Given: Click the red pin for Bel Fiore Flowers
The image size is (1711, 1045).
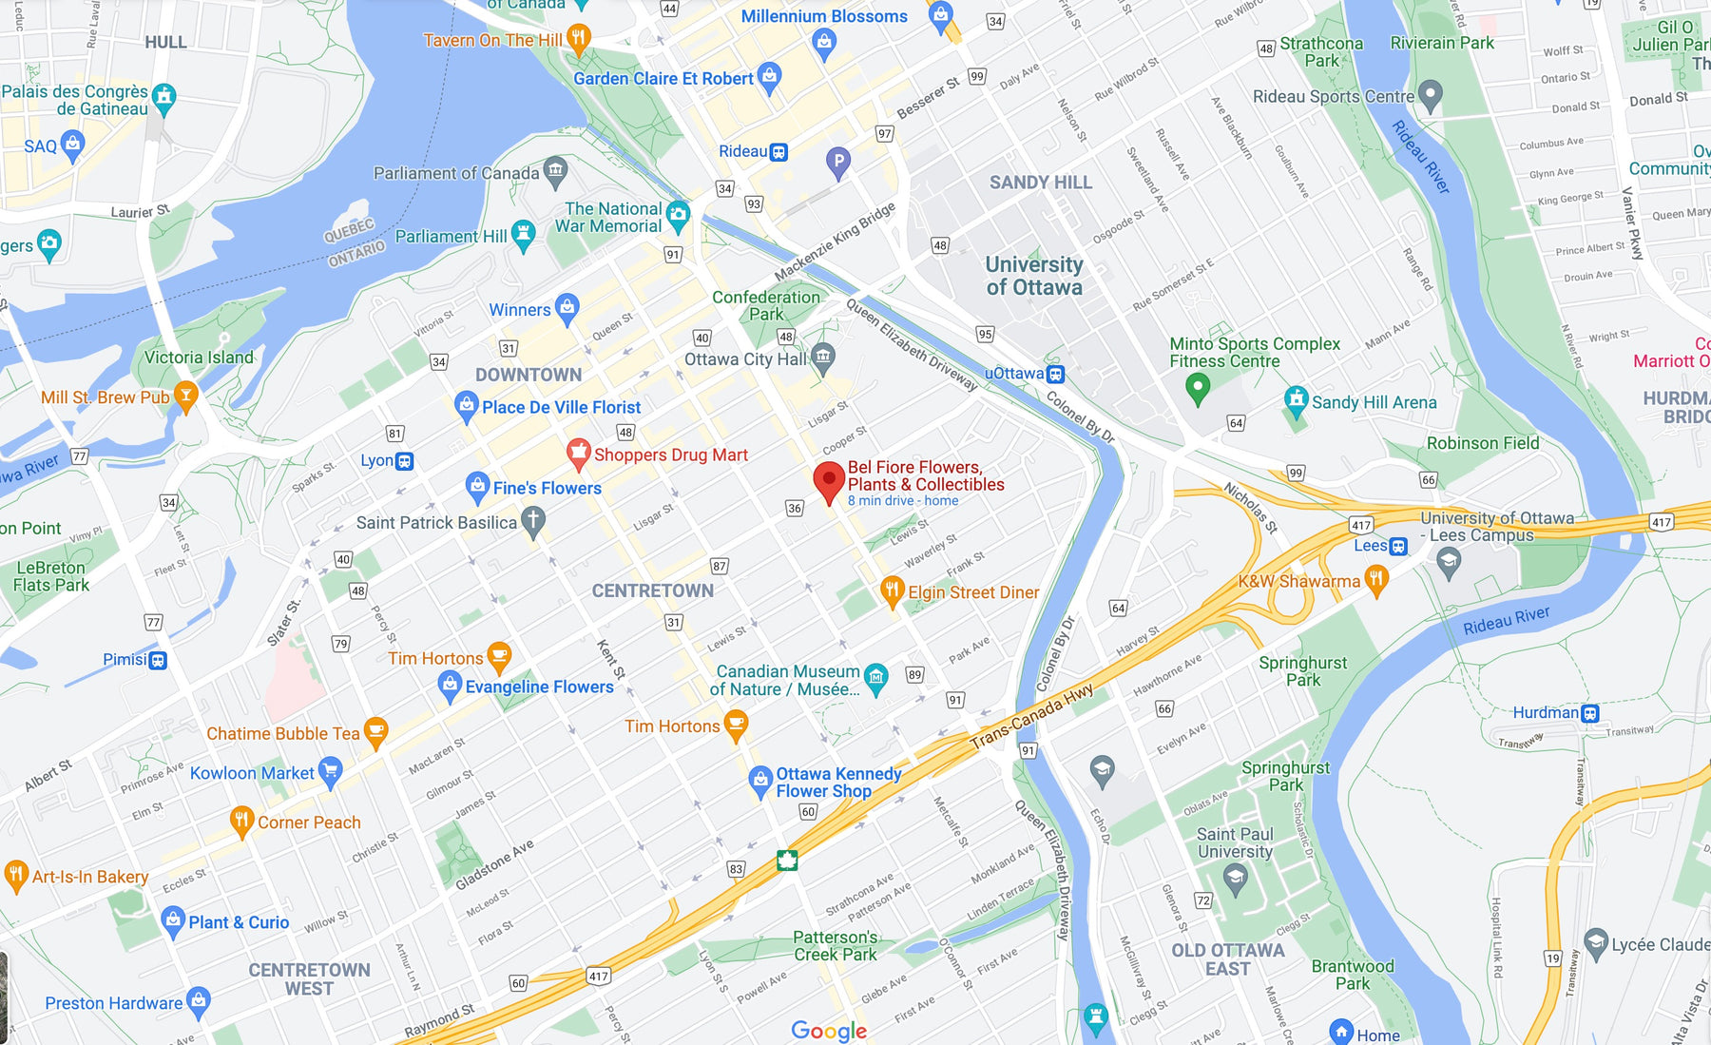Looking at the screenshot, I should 829,479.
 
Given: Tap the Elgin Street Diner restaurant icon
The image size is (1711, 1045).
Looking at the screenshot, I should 892,590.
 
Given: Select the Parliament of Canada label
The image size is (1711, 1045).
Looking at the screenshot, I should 456,173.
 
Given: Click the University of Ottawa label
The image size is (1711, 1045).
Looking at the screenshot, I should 1034,276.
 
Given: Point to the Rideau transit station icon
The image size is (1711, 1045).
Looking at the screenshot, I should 779,152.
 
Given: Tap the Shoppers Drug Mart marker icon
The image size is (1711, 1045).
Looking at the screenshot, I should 578,453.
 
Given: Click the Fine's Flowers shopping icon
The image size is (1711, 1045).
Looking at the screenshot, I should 477,487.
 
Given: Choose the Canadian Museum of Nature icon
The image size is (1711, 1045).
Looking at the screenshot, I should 876,677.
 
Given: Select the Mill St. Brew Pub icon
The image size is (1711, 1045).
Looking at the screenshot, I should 186,396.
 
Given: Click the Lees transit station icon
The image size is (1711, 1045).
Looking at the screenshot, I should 1398,546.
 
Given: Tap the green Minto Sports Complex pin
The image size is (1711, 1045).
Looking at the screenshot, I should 1198,386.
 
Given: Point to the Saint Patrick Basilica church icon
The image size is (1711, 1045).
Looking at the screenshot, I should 534,521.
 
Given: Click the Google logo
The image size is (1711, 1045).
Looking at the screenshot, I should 829,1031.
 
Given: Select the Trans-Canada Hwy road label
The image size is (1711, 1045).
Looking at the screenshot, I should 1031,718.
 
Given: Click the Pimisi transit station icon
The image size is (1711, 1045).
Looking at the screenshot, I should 159,660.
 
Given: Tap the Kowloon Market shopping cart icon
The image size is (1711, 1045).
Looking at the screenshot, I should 330,771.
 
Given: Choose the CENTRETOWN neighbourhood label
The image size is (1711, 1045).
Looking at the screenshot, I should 652,590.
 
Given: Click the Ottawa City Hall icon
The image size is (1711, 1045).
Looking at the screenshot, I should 823,358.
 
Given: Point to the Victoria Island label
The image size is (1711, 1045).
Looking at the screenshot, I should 199,358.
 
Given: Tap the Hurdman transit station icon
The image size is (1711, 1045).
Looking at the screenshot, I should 1590,713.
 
